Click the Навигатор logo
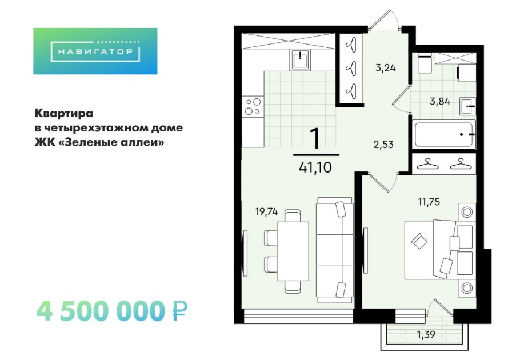click(x=95, y=51)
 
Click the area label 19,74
click(x=266, y=211)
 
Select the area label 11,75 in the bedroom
click(x=429, y=201)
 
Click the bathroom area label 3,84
click(x=440, y=102)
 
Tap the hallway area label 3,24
click(x=385, y=67)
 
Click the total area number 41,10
click(x=315, y=167)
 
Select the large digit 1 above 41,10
click(x=315, y=138)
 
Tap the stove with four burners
click(x=252, y=107)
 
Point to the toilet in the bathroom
click(x=425, y=64)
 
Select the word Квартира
click(x=64, y=112)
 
